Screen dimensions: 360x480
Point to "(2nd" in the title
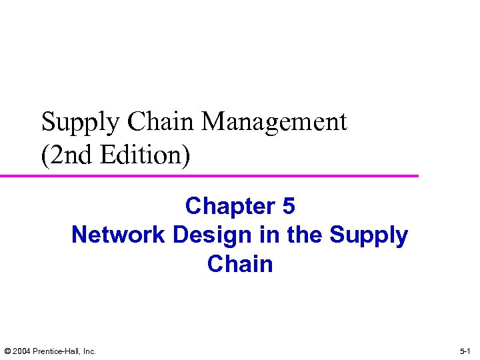[66, 155]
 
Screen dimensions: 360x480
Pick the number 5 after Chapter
[288, 207]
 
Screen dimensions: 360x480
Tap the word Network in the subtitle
[119, 235]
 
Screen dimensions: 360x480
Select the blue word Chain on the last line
[240, 264]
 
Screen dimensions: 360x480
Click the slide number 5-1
[465, 351]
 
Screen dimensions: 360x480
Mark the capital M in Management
[214, 122]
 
